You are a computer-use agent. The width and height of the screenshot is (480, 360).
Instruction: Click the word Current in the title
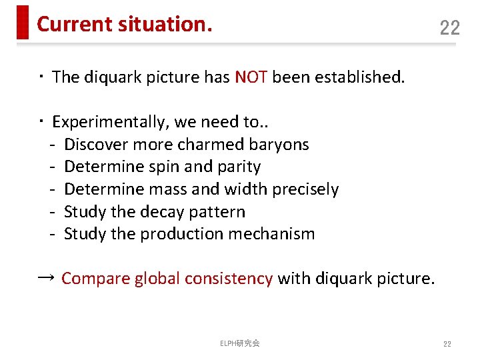75,24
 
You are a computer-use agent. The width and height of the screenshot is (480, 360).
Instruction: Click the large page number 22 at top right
450,27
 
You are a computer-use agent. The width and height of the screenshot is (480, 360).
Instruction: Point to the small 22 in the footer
447,343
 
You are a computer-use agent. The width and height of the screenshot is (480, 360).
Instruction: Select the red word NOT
251,77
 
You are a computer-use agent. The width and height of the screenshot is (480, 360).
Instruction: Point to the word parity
237,167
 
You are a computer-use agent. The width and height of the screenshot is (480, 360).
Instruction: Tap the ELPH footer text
240,343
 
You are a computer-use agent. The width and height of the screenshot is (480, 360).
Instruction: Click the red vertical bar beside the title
23,22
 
